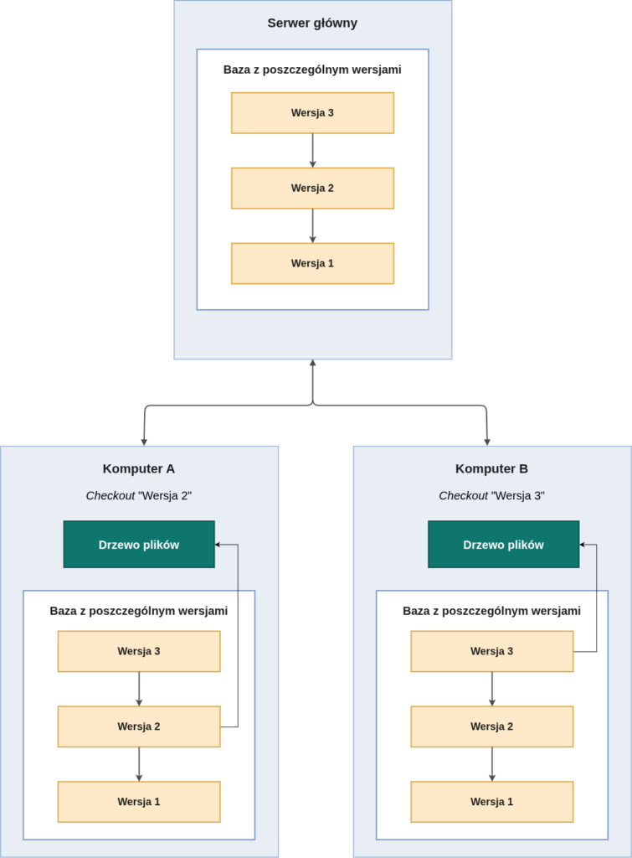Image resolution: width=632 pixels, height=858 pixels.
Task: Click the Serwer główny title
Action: click(x=312, y=23)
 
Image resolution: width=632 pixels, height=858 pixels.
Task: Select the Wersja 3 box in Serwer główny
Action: click(x=313, y=113)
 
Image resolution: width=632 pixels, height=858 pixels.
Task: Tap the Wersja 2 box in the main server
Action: click(x=313, y=189)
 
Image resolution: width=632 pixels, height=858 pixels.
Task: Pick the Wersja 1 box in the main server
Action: click(x=313, y=263)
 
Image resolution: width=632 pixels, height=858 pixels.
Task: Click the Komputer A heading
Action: click(x=139, y=469)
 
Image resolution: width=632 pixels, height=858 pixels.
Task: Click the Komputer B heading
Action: click(x=491, y=469)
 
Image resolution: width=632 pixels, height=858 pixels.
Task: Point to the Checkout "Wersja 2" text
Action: click(x=139, y=496)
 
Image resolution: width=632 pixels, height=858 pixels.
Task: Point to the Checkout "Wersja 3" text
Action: click(x=491, y=496)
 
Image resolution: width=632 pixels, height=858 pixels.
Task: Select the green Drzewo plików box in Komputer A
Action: click(x=139, y=545)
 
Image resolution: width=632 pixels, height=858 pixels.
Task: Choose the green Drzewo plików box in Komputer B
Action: click(x=504, y=545)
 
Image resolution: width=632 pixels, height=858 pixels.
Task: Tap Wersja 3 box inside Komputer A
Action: click(x=139, y=651)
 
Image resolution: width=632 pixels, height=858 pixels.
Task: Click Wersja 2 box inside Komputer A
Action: click(x=139, y=726)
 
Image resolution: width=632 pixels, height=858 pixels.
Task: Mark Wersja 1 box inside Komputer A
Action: click(x=139, y=802)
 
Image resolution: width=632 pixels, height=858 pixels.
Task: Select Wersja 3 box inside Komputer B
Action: click(x=492, y=651)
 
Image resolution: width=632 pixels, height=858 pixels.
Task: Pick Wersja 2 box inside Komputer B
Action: click(x=492, y=726)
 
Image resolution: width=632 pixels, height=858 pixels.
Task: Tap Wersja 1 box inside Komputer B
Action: click(x=492, y=802)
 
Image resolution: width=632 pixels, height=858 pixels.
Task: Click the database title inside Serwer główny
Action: click(x=312, y=70)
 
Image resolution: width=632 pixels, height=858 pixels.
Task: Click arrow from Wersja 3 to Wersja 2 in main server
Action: click(x=313, y=151)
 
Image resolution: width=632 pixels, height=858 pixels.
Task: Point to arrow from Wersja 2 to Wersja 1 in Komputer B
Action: click(x=492, y=764)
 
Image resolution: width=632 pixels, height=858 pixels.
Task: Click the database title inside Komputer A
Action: click(x=139, y=611)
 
